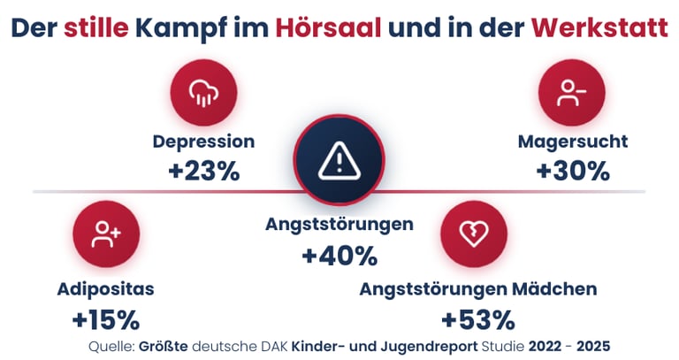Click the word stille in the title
[95, 27]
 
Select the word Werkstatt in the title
[599, 27]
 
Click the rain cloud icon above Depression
[204, 92]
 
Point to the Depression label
[203, 142]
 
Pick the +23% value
[204, 171]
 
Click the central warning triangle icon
[339, 160]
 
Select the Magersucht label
[573, 142]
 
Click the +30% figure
[573, 171]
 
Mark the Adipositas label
[105, 289]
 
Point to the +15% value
[106, 318]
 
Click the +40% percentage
[339, 256]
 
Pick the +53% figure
[477, 318]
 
